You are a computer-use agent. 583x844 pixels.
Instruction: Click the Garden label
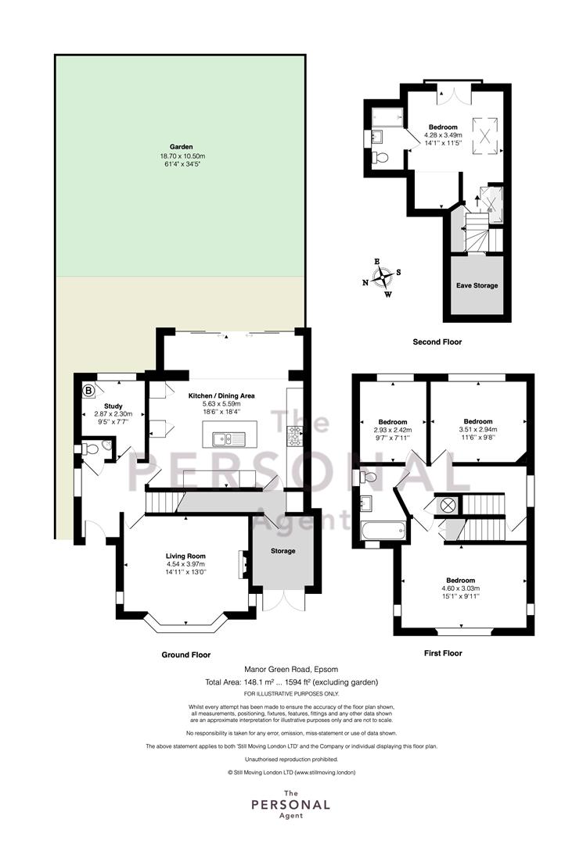click(181, 146)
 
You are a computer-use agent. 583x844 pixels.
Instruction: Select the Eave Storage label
click(477, 285)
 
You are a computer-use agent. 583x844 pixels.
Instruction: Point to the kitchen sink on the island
click(229, 440)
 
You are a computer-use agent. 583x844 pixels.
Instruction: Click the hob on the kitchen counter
click(295, 436)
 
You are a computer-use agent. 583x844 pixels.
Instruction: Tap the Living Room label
click(185, 556)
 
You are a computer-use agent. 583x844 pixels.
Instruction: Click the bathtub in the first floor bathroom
click(383, 531)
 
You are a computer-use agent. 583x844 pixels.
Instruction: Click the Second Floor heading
click(437, 342)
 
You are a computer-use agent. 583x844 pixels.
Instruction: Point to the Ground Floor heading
click(186, 655)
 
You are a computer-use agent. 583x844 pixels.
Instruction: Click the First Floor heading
click(443, 653)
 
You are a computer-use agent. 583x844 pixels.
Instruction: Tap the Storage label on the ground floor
click(283, 551)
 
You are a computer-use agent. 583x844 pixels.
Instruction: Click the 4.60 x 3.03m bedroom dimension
click(461, 588)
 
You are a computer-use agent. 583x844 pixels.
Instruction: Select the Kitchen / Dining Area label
click(221, 395)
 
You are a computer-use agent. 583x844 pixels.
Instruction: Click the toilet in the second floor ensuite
click(380, 157)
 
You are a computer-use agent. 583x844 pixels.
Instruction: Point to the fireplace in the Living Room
click(243, 565)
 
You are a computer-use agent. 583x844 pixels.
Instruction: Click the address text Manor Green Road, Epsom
click(291, 670)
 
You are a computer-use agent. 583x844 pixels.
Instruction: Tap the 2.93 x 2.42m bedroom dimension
click(392, 430)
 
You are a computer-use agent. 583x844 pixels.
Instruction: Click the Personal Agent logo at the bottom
click(291, 804)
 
